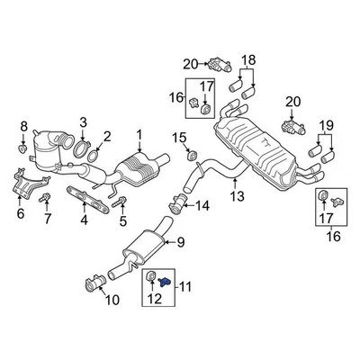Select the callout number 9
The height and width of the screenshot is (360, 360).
click(179, 241)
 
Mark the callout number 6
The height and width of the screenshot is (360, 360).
click(21, 215)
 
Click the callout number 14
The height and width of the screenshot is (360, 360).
click(202, 205)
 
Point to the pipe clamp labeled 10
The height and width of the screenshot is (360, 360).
click(94, 286)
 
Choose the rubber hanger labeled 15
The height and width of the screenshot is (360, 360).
click(191, 157)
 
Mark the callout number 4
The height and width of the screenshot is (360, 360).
click(84, 219)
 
